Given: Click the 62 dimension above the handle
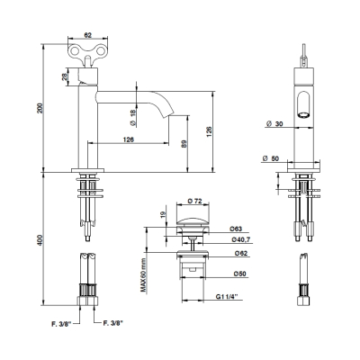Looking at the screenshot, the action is [87, 35].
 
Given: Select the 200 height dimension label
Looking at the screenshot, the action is [40, 108].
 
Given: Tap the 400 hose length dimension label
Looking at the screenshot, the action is [40, 240].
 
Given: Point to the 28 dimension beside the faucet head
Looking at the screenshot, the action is [64, 77].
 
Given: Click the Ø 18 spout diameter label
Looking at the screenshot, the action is [133, 117].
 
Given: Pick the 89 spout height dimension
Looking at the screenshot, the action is [184, 144].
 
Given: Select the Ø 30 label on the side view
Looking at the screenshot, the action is [274, 123].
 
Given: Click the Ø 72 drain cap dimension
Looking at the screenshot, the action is [194, 202].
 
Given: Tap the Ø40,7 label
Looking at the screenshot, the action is [241, 239].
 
